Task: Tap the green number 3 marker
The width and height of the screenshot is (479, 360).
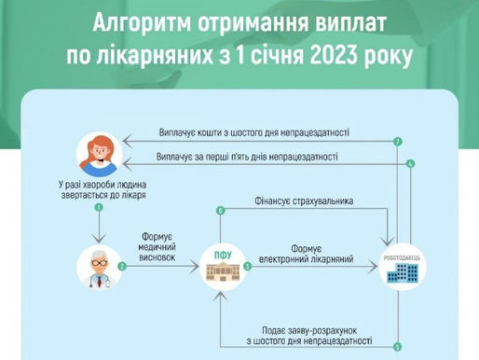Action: [x=247, y=267]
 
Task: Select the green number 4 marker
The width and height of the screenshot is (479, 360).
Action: [x=410, y=164]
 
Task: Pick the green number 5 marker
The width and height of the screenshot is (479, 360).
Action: [x=397, y=347]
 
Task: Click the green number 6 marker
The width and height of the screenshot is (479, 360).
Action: [x=221, y=211]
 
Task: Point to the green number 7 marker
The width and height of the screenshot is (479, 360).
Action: [x=397, y=142]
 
